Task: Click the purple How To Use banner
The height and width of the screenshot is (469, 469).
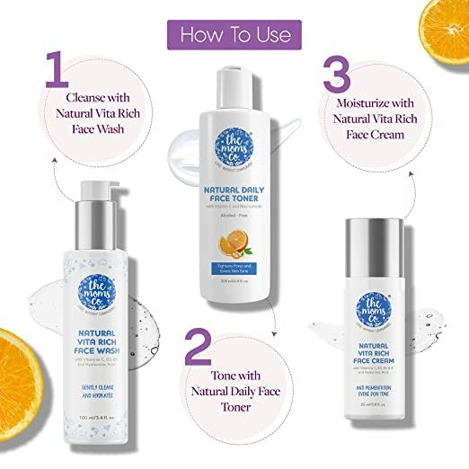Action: click(234, 34)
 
